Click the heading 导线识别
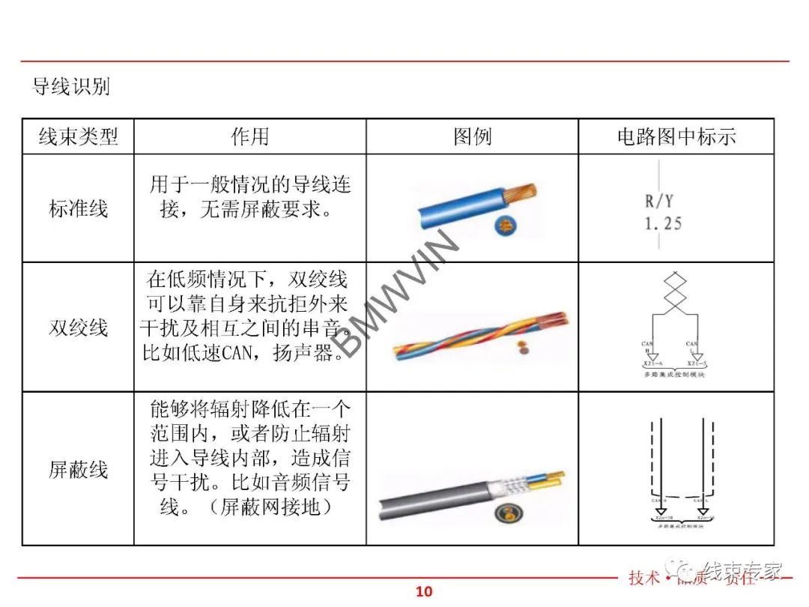click(71, 87)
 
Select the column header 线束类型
click(78, 136)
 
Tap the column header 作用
click(249, 136)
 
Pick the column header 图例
click(472, 136)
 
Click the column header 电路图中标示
click(676, 136)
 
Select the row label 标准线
click(78, 208)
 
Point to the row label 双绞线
click(78, 327)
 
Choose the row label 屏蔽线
click(78, 470)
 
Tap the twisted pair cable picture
click(479, 331)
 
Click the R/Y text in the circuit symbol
click(658, 202)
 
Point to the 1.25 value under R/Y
click(663, 223)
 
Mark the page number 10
click(424, 591)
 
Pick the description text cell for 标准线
click(249, 196)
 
